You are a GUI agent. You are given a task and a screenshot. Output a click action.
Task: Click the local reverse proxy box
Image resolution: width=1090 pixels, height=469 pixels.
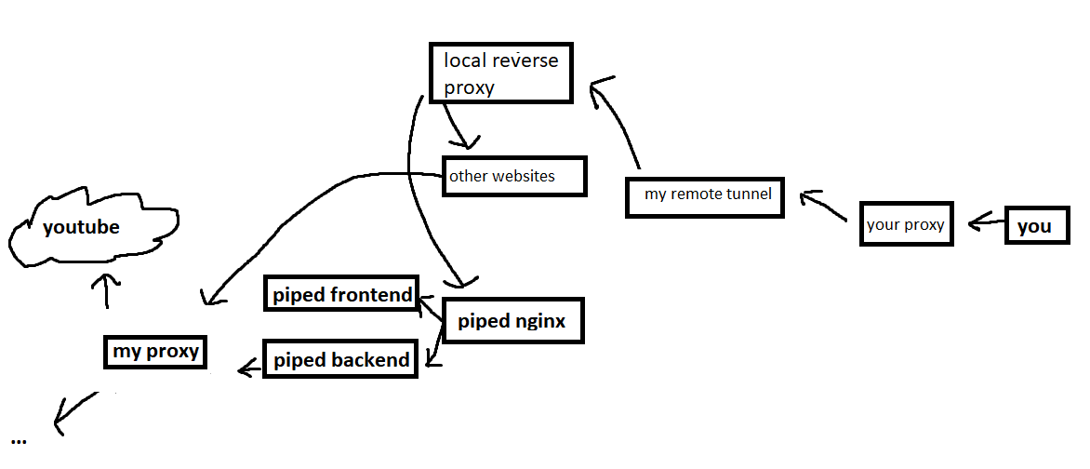click(500, 73)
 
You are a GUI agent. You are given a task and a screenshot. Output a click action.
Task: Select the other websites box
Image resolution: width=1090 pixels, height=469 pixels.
click(514, 176)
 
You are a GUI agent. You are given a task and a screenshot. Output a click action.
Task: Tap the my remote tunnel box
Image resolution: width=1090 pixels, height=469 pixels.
click(704, 195)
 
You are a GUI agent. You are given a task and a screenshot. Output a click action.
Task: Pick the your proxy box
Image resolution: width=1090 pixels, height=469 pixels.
click(906, 224)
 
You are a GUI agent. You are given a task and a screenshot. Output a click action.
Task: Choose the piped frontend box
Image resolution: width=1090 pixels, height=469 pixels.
click(341, 295)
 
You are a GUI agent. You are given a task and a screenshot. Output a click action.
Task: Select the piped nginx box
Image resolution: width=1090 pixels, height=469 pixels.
click(512, 322)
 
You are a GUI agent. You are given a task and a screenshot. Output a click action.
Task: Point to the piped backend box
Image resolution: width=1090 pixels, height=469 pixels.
click(341, 359)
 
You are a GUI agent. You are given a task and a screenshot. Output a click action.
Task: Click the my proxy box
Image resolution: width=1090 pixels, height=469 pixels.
click(154, 352)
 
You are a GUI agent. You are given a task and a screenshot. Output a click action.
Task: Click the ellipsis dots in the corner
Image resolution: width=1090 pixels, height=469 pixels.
click(20, 438)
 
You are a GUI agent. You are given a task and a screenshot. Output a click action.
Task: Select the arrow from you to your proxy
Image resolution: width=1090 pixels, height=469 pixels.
click(986, 223)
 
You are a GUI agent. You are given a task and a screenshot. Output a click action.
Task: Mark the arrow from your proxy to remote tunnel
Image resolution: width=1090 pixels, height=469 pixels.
click(823, 207)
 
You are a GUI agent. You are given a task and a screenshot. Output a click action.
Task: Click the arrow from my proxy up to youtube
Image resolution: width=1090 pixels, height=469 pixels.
click(107, 290)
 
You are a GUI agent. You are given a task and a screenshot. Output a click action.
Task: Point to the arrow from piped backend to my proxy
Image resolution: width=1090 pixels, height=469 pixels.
click(251, 369)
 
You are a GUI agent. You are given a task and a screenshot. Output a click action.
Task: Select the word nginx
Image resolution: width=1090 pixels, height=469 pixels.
click(539, 322)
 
